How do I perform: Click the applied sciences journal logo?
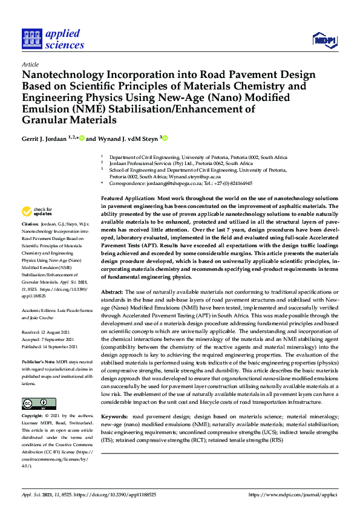pyautogui.click(x=53, y=39)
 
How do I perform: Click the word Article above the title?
pyautogui.click(x=30, y=65)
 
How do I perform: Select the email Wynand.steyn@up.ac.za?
pyautogui.click(x=197, y=177)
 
